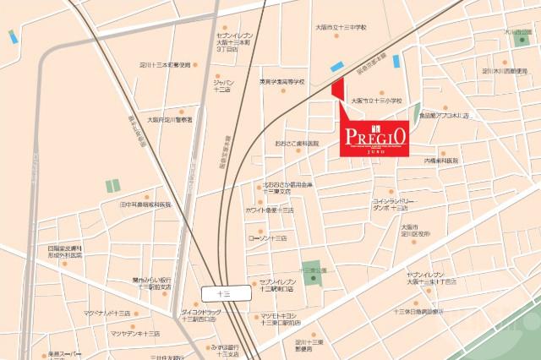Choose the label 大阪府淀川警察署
click(170, 120)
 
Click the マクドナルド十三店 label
click(107, 313)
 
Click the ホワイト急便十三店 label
click(270, 209)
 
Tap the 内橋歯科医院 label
click(440, 160)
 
